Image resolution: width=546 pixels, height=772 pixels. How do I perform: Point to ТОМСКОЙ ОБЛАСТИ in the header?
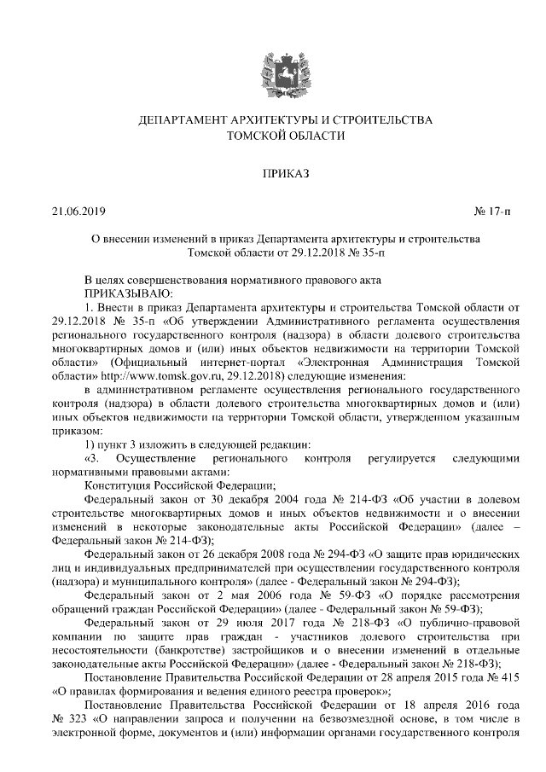[x=273, y=136]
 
